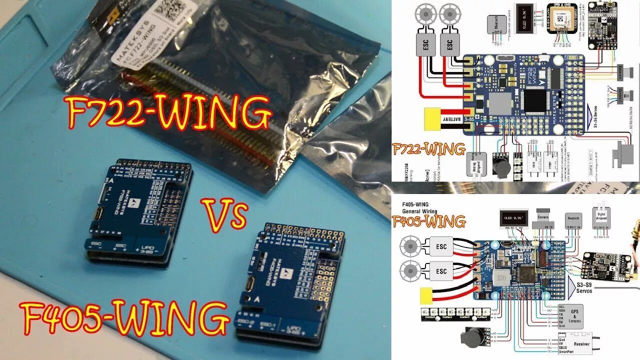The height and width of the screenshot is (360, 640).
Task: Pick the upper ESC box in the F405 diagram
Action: pos(441,246)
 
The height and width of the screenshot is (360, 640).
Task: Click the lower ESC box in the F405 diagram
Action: pos(441,271)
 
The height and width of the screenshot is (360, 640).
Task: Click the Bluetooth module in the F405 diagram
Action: pos(573,220)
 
